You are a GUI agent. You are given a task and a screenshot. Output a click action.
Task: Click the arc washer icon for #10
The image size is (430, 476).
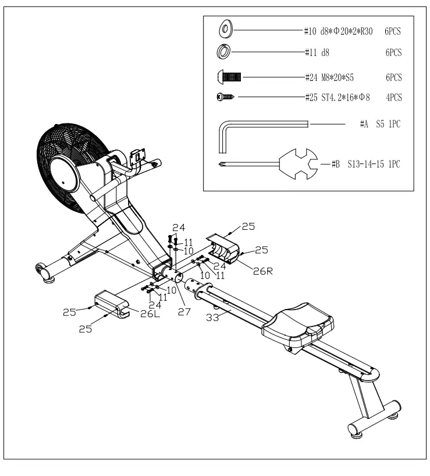coord(225,29)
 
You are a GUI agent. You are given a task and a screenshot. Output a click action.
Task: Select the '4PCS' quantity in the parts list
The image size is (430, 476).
coord(394,97)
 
